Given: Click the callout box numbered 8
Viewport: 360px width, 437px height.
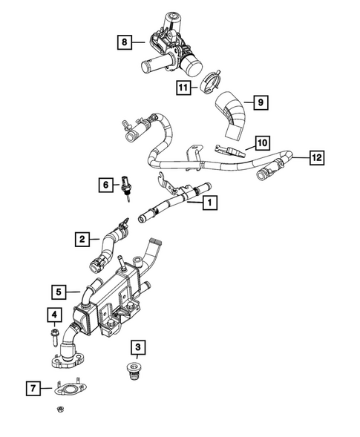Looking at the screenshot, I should (x=125, y=42).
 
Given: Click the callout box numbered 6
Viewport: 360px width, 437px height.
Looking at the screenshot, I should (x=105, y=184).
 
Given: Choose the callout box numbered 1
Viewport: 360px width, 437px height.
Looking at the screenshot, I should (x=211, y=201).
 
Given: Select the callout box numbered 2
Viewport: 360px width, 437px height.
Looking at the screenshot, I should (x=82, y=239).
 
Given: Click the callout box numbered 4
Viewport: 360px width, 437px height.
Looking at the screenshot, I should (x=53, y=316).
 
